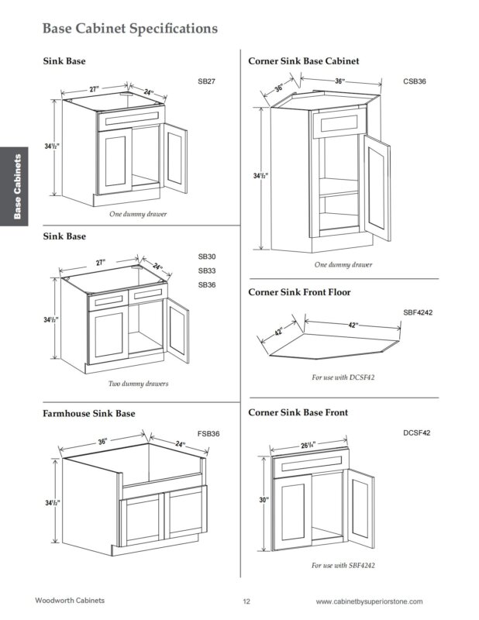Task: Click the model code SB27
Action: click(206, 81)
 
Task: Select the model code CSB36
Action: click(415, 81)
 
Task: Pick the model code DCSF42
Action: click(415, 432)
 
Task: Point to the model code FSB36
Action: click(208, 433)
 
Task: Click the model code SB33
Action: click(206, 270)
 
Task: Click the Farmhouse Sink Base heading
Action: click(88, 414)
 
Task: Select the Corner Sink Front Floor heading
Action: click(298, 292)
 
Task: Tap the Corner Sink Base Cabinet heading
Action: click(303, 60)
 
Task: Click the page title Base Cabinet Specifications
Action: click(129, 29)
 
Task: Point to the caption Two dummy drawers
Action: click(139, 384)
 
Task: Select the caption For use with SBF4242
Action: click(343, 566)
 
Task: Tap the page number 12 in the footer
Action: click(246, 601)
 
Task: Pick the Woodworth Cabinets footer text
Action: click(70, 601)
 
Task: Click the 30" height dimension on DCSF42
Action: click(263, 501)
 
